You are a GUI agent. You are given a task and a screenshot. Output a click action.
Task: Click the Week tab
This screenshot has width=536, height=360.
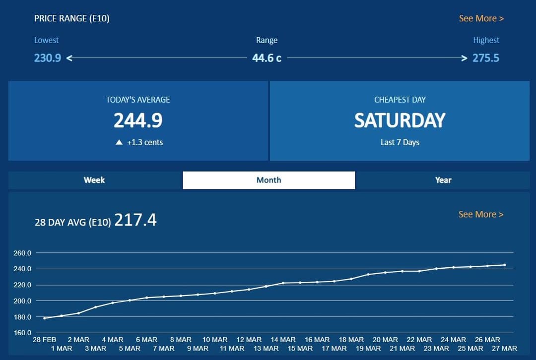click(x=94, y=180)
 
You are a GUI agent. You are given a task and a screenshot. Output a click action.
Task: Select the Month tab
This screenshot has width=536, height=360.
click(x=268, y=180)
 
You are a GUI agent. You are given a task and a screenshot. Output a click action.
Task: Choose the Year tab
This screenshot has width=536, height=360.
click(x=443, y=180)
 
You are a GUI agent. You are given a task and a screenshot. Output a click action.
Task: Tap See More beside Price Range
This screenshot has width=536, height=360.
click(x=481, y=18)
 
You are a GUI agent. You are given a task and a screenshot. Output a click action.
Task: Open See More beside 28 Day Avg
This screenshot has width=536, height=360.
click(x=480, y=214)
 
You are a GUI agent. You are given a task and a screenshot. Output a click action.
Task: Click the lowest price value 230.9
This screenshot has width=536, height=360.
click(x=48, y=58)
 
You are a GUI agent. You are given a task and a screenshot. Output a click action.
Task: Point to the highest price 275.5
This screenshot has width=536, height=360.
click(x=485, y=58)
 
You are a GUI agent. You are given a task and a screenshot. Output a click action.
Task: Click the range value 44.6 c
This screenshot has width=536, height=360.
click(x=267, y=58)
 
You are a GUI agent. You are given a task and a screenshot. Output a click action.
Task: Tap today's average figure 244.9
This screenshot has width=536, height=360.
click(x=138, y=120)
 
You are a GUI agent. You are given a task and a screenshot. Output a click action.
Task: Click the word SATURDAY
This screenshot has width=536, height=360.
click(x=400, y=120)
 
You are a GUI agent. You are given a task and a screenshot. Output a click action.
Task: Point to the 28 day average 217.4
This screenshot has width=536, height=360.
click(x=135, y=220)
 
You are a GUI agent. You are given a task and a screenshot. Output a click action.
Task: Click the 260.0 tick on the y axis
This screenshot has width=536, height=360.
click(x=22, y=253)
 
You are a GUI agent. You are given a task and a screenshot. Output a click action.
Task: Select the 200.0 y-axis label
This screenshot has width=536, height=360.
click(x=22, y=301)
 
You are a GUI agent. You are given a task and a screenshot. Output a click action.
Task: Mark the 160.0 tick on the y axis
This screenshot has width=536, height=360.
click(x=22, y=333)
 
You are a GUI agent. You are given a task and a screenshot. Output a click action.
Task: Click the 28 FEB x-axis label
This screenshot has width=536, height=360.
click(x=45, y=340)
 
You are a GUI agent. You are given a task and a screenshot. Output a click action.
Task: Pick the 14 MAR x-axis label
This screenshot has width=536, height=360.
click(x=283, y=340)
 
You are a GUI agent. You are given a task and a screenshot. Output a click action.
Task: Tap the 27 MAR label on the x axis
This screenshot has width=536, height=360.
click(x=505, y=348)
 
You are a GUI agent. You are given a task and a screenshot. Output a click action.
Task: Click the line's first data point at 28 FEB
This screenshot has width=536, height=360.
click(x=45, y=318)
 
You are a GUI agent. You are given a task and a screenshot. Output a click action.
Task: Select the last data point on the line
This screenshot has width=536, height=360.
click(x=505, y=265)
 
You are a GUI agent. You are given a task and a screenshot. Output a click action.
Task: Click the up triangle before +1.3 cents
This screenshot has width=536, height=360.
click(x=119, y=142)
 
